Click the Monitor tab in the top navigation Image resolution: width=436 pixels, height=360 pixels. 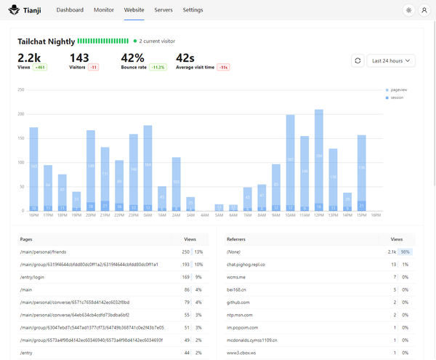103,10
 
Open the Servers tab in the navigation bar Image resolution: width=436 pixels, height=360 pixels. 163,10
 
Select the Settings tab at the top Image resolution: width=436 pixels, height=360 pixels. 193,10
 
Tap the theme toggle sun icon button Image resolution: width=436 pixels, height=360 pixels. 408,10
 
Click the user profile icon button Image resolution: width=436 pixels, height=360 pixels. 424,10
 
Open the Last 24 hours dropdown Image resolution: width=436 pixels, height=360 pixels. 391,61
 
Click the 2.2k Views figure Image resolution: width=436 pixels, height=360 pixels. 29,57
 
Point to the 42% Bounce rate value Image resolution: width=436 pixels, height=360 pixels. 132,57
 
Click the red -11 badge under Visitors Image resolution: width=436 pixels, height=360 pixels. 94,67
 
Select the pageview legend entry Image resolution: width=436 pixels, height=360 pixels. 398,89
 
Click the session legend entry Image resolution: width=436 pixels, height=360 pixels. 397,97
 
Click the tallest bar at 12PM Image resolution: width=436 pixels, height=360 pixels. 318,160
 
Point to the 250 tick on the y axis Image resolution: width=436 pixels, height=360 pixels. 21,90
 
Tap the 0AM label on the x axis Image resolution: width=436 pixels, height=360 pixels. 148,215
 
